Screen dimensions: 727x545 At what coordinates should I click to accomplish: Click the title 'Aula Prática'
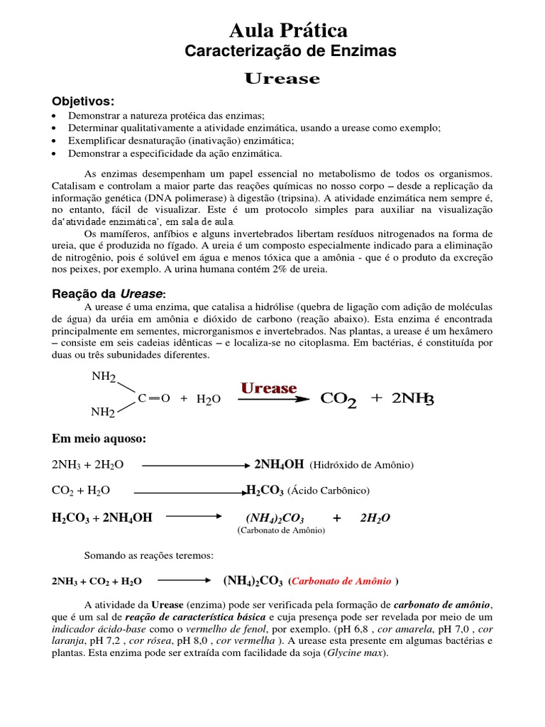[x=289, y=31]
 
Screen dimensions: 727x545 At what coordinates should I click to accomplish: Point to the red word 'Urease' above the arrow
[x=268, y=388]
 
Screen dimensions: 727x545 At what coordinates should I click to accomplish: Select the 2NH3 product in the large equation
[x=409, y=399]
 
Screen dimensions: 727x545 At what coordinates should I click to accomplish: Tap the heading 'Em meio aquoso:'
[x=99, y=439]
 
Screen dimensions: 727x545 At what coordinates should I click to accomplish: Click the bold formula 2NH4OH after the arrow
[x=279, y=464]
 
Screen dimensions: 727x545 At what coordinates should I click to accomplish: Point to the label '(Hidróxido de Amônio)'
[x=362, y=465]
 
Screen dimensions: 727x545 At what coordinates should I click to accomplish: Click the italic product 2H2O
[x=375, y=518]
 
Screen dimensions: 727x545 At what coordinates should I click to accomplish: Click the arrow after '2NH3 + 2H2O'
[x=194, y=465]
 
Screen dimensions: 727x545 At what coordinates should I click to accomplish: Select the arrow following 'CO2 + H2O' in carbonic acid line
[x=189, y=491]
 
